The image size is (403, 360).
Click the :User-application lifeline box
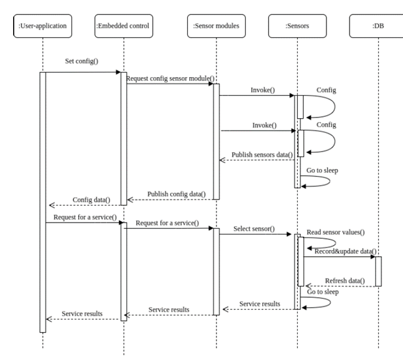coord(43,25)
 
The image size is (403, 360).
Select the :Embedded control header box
coord(123,25)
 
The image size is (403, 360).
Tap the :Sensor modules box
coord(216,25)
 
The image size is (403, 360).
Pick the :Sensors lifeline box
coord(297,25)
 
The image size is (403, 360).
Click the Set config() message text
coord(82,62)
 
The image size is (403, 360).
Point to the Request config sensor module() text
coord(170,78)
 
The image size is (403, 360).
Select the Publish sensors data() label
coord(262,154)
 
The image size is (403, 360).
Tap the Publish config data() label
coord(176,193)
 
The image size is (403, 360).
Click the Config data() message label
coord(91,200)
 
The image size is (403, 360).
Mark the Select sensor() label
coord(254,229)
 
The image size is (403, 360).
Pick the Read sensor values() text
coord(335,233)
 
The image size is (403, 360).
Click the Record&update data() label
coord(345,251)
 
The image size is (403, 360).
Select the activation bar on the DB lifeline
coord(378,271)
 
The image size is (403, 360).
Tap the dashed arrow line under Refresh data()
coord(339,287)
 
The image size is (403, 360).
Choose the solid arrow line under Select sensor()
coord(256,235)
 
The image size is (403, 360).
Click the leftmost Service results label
coord(81,313)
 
